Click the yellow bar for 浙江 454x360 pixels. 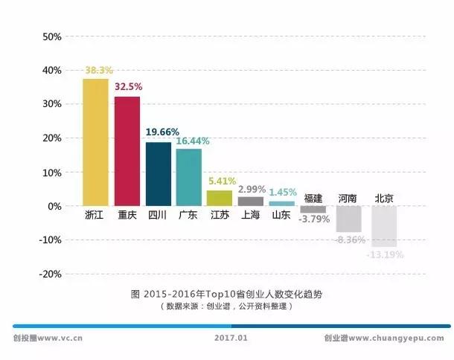(95, 141)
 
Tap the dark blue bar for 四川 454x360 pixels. (158, 173)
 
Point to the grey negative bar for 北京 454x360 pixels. (384, 226)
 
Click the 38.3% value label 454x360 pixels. (98, 71)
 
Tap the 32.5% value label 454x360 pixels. (129, 86)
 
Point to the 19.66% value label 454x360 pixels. (162, 132)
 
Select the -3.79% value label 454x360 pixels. (313, 219)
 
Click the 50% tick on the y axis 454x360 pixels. (51, 36)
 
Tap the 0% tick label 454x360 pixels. (54, 206)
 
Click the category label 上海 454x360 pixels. (250, 216)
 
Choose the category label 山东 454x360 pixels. (281, 216)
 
